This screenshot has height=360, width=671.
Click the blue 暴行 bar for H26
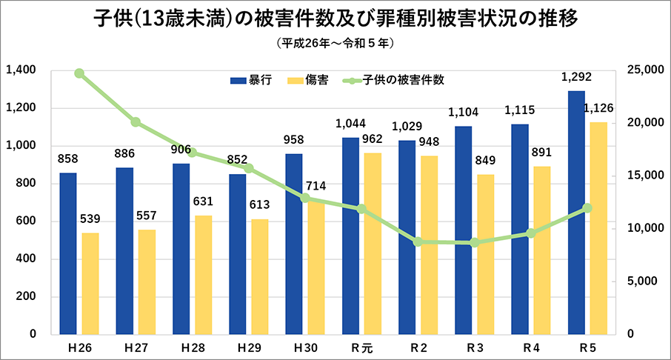point(68,253)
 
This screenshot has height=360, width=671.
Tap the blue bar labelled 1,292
point(576,213)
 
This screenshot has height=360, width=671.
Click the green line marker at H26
point(79,73)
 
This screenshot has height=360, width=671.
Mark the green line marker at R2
point(418,241)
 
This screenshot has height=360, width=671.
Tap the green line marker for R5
point(587,208)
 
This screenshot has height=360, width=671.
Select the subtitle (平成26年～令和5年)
point(336,43)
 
